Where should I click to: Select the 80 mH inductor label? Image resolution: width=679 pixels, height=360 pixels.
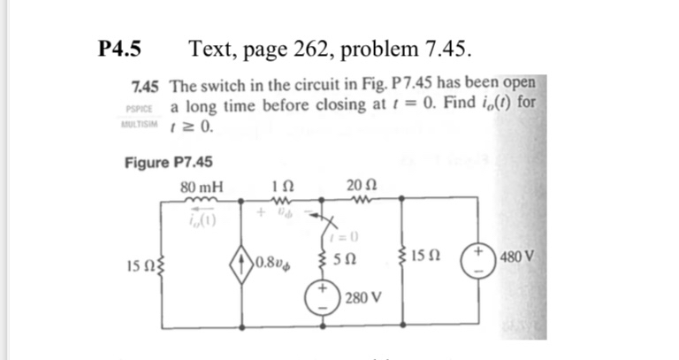point(202,188)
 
